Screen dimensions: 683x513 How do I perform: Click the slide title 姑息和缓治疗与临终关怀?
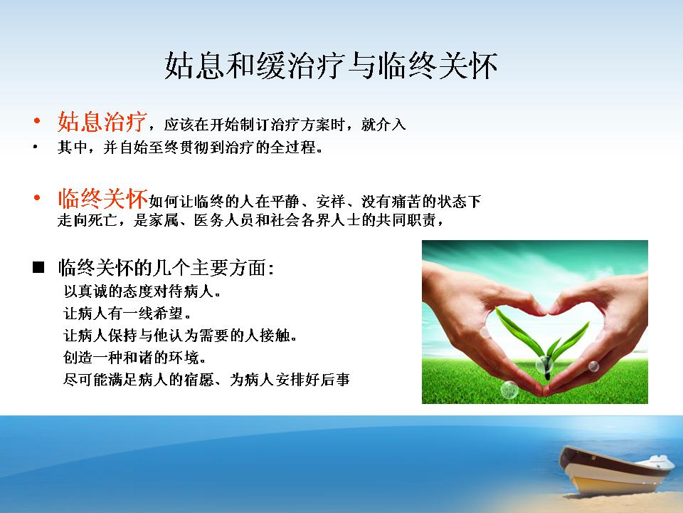point(331,66)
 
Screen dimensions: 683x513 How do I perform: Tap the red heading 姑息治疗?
point(102,121)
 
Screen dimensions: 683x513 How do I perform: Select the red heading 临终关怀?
point(102,199)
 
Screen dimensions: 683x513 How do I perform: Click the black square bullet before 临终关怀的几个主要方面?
point(38,267)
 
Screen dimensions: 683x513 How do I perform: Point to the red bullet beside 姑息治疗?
point(37,120)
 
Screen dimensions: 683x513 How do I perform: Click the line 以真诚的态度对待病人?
point(142,291)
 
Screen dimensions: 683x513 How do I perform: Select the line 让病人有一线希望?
point(127,313)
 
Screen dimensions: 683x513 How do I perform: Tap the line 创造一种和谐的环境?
point(134,358)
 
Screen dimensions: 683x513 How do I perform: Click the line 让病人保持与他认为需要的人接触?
point(180,336)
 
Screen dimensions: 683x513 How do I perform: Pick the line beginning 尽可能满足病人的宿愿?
point(206,380)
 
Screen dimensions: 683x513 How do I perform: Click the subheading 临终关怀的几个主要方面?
point(166,268)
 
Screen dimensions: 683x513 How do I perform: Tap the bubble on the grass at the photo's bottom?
point(509,390)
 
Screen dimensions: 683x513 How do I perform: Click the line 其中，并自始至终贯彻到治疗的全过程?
point(190,147)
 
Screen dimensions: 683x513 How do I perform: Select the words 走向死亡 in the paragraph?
point(88,220)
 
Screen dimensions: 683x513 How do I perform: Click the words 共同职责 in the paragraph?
point(406,220)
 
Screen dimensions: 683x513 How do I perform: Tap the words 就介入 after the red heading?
point(383,125)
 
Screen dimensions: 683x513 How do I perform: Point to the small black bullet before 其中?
point(36,147)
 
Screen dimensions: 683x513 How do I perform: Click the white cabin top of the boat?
point(659,462)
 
